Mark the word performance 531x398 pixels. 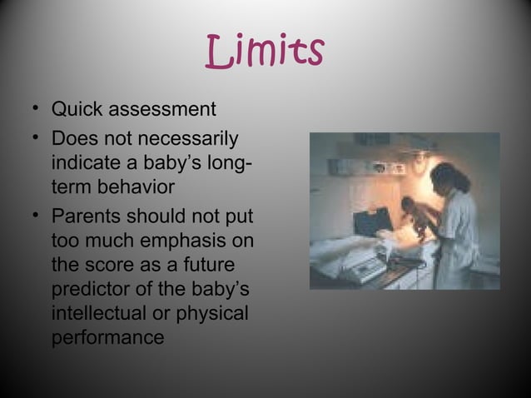[107, 340]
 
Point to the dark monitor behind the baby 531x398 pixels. [371, 221]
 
